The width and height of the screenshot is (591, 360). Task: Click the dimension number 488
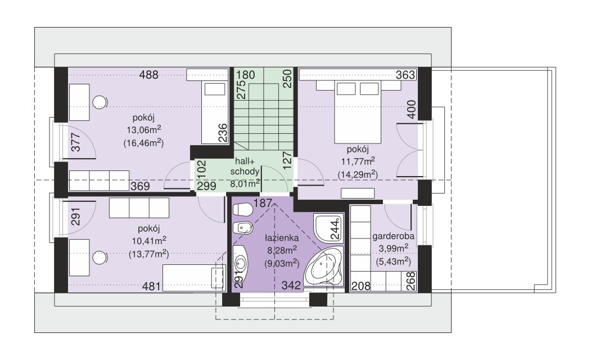tap(149, 75)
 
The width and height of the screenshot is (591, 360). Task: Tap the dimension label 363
tap(405, 75)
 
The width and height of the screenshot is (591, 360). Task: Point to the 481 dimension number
tap(151, 286)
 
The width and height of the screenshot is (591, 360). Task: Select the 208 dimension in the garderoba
tap(361, 286)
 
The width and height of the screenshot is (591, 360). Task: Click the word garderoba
tap(394, 236)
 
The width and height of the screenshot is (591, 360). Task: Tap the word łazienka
tap(282, 238)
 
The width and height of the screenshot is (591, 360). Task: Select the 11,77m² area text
tap(358, 161)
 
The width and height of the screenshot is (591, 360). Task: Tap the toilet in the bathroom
tap(242, 209)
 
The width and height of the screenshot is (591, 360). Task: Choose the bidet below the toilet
tap(242, 227)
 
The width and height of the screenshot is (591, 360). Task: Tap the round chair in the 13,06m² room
tap(100, 102)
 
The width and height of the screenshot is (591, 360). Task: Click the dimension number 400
tap(412, 109)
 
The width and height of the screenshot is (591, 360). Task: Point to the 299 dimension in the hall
tap(206, 186)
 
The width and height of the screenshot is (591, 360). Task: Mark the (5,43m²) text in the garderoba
tap(393, 261)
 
